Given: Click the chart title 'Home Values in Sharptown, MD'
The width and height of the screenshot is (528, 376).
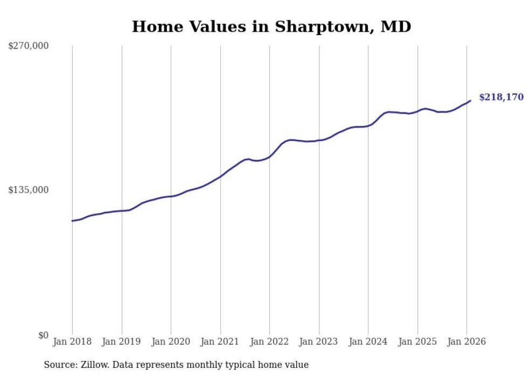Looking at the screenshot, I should (x=272, y=26).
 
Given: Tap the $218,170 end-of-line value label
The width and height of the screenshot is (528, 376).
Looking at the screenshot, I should (x=501, y=97).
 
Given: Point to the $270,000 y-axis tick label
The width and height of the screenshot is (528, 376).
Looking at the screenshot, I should (x=29, y=46).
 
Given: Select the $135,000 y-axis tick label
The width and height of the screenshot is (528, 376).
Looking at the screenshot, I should (x=29, y=190).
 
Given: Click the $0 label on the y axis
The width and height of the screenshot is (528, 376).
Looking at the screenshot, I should (x=43, y=335).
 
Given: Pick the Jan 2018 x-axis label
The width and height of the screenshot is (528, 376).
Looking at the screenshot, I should (x=72, y=342).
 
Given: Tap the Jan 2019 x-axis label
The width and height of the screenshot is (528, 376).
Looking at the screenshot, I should (x=122, y=342).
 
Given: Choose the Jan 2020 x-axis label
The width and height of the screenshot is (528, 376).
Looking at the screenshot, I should (x=171, y=342).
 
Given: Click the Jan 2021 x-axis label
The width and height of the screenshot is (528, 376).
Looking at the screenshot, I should (x=220, y=342).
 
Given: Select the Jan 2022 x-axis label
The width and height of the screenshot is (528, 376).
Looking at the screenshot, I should (x=269, y=342).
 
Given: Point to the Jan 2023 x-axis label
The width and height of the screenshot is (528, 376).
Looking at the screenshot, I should (x=319, y=342).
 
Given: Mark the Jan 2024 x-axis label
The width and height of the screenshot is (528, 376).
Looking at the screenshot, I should (x=368, y=342).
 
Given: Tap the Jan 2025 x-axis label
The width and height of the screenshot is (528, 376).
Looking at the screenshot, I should (x=418, y=342).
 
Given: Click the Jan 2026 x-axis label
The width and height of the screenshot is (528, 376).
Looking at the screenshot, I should (x=467, y=342).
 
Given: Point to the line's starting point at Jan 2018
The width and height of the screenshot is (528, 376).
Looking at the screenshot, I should (x=72, y=221).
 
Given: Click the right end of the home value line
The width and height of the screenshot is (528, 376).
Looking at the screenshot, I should (x=470, y=101).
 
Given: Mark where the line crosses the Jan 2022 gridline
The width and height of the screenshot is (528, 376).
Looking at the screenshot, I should (x=270, y=157).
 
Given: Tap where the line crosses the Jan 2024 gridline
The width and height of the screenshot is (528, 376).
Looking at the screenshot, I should (x=368, y=126).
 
